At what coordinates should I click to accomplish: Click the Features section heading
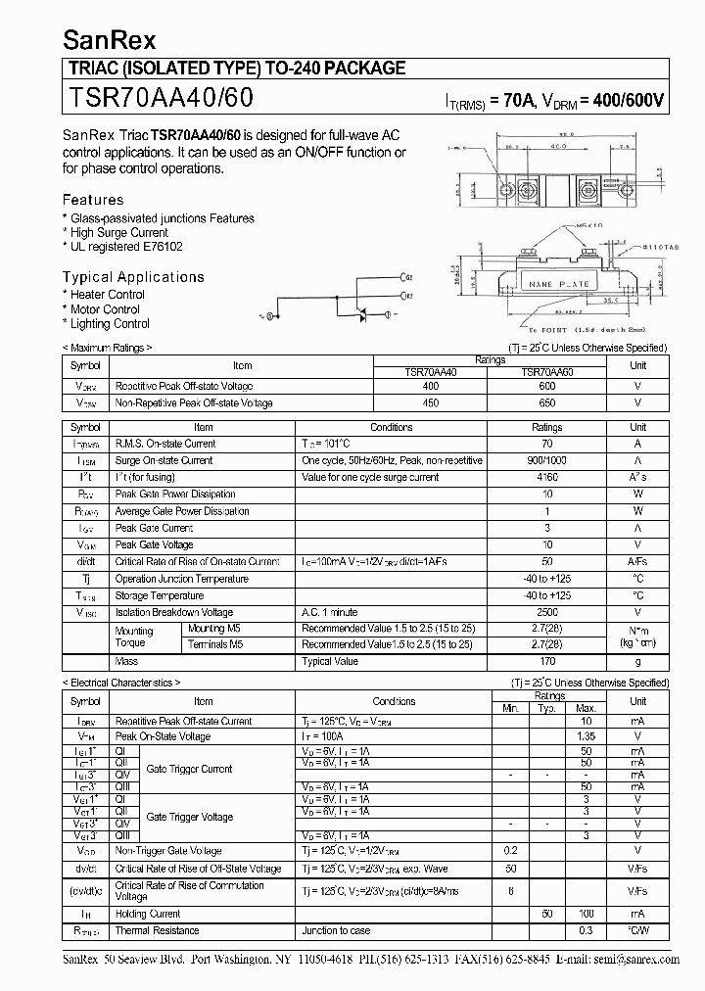point(93,200)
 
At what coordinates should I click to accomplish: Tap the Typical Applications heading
point(133,277)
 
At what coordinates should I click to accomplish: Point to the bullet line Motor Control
point(104,309)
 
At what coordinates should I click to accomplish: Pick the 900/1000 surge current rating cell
point(546,460)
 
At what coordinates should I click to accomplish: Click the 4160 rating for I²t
point(546,477)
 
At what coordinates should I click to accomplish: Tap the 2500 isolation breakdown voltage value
point(546,613)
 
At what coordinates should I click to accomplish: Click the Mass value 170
point(546,662)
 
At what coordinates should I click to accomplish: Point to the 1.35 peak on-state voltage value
point(585,736)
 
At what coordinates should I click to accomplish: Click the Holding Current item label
point(148,914)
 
